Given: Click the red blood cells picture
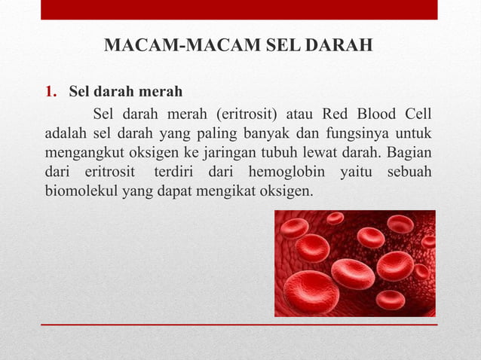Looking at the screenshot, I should tap(354, 263).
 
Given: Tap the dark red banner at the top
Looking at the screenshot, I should tap(239, 10).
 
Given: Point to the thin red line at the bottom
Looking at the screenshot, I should tap(239, 325).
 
